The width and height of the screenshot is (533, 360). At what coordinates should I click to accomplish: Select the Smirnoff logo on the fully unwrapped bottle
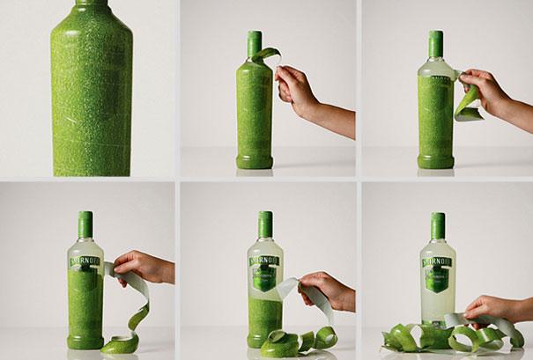click(439, 256)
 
